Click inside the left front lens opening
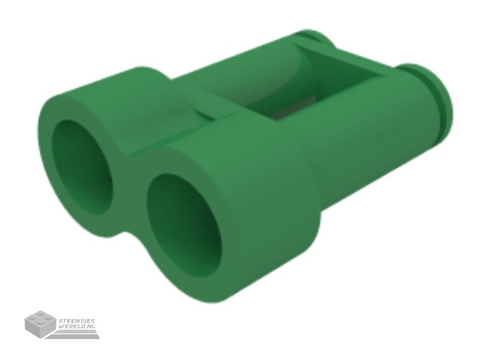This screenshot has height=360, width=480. [82, 167]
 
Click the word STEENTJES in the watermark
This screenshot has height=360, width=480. [76, 321]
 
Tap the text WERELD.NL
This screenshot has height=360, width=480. [76, 326]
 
